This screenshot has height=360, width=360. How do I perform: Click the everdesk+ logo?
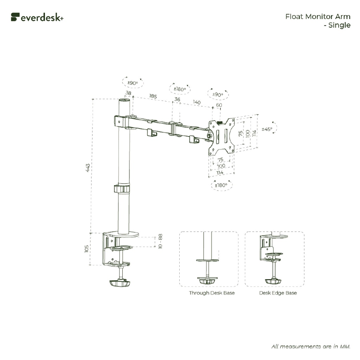click(37, 17)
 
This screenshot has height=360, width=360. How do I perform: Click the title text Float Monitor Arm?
click(317, 17)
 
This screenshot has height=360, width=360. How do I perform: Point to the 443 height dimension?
click(88, 167)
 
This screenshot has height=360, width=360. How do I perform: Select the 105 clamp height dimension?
click(86, 249)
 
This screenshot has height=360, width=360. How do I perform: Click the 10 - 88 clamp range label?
click(160, 242)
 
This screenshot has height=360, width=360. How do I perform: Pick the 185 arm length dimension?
click(153, 96)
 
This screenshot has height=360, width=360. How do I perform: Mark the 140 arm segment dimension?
click(197, 102)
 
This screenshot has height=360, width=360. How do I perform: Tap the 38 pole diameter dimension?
click(128, 93)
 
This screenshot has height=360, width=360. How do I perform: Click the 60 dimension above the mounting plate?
click(219, 105)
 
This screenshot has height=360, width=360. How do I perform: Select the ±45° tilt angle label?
click(267, 129)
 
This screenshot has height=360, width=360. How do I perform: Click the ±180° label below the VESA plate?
click(221, 185)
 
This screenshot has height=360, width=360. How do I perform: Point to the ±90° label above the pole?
click(133, 83)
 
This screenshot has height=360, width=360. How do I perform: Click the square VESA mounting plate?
click(221, 136)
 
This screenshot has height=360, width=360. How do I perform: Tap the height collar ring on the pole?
click(123, 189)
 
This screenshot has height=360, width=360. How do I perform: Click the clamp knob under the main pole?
click(120, 283)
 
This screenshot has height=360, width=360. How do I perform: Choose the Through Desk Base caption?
click(212, 293)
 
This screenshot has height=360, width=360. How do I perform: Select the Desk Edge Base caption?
click(278, 293)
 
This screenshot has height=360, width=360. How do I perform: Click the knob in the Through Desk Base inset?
click(208, 281)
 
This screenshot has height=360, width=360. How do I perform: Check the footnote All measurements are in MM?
click(311, 346)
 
